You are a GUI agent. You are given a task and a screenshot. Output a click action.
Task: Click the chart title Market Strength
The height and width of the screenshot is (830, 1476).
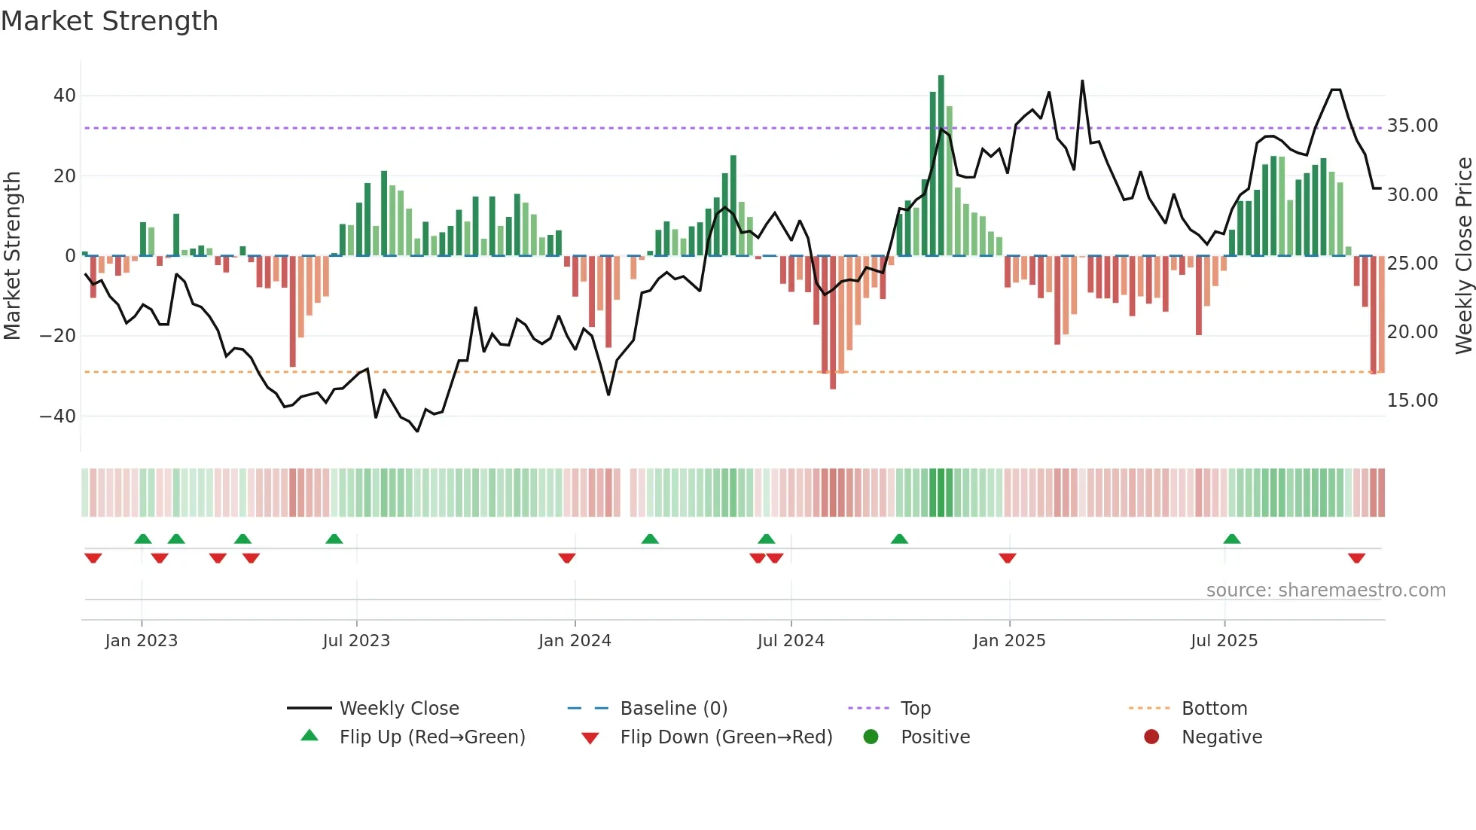point(109,21)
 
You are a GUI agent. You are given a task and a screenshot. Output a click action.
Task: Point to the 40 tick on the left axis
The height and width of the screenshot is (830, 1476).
point(65,96)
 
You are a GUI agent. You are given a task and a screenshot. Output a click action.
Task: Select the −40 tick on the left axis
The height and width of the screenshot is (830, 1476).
point(58,416)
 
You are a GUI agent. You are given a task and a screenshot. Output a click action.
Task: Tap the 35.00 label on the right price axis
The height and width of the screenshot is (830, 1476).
point(1412,126)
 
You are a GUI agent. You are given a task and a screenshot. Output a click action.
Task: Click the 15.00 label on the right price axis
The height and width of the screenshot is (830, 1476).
point(1412,401)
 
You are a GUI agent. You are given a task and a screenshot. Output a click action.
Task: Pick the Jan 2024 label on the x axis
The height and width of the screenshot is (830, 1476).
point(575,641)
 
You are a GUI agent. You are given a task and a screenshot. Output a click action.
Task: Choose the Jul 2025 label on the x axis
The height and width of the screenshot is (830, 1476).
point(1224,641)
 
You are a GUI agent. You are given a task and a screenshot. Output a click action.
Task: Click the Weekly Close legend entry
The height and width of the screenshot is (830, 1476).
point(398,709)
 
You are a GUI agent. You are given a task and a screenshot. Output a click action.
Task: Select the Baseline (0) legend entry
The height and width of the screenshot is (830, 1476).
point(673,709)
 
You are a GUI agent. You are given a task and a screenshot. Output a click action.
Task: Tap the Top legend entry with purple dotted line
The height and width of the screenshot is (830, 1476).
point(916,709)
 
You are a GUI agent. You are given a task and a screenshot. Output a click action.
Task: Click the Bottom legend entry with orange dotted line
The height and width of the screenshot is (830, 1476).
point(1214,709)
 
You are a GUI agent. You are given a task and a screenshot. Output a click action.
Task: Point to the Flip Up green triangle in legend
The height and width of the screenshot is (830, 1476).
point(310,736)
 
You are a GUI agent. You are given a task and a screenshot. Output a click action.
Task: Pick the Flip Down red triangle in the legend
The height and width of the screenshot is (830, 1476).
point(590,738)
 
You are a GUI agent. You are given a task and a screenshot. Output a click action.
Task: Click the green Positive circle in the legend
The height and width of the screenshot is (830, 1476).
point(871,737)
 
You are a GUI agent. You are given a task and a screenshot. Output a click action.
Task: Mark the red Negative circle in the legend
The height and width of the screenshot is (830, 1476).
point(1151,737)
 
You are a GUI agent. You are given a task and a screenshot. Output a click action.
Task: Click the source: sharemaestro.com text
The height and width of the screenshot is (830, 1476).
point(1325,590)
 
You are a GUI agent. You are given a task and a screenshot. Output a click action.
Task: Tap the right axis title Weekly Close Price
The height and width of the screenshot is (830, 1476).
point(1463,256)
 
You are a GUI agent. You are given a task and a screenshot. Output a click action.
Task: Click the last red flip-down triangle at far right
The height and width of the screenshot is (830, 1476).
point(1356,558)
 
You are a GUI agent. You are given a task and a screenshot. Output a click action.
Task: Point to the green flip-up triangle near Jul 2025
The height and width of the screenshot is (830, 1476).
point(1232,539)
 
